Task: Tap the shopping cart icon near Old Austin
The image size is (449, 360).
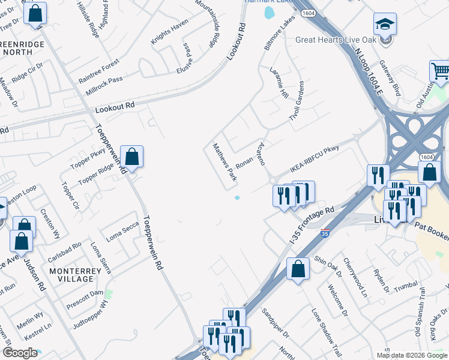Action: tap(441, 71)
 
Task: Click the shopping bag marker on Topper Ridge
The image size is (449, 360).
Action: tap(131, 158)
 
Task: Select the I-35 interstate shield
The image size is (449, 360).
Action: tap(325, 232)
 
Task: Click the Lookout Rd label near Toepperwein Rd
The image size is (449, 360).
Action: tap(115, 108)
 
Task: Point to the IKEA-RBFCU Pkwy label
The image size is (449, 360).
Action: tap(315, 158)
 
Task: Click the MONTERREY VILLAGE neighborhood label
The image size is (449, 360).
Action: tap(76, 275)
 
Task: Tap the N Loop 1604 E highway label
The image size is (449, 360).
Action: tap(367, 73)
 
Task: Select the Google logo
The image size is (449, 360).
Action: tap(20, 353)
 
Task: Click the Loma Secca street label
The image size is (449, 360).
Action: tap(122, 228)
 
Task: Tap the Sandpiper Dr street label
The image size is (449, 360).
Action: tap(276, 323)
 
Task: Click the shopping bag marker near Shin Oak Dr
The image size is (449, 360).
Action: tap(298, 269)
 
